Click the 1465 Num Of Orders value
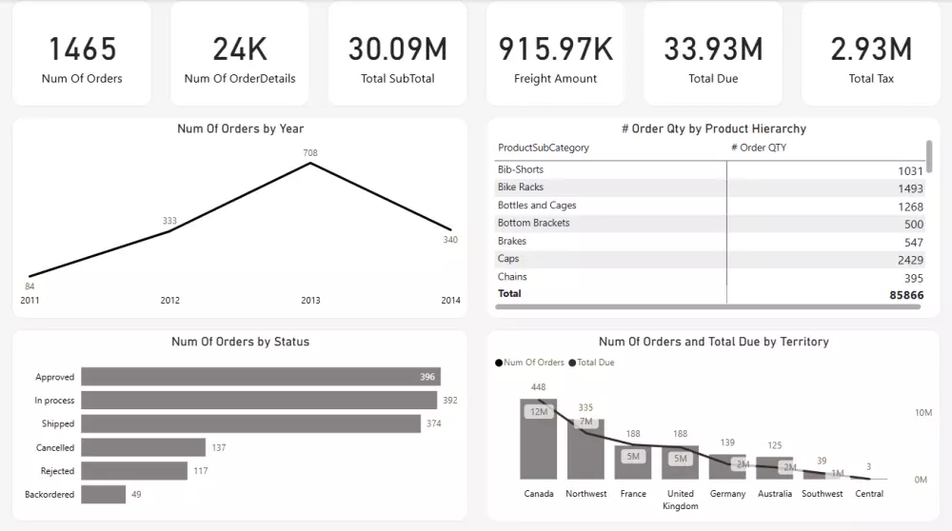82,49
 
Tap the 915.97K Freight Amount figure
555,49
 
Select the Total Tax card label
871,79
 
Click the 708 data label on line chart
310,152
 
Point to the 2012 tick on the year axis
169,301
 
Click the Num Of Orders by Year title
240,128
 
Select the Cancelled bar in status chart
143,447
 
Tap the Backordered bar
103,494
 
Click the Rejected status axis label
56,471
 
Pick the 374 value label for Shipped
433,423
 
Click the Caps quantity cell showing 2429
909,260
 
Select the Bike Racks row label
520,187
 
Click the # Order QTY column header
758,147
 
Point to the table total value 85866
904,295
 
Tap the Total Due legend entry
595,363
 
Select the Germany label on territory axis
727,494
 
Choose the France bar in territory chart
633,462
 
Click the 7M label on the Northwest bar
585,422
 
